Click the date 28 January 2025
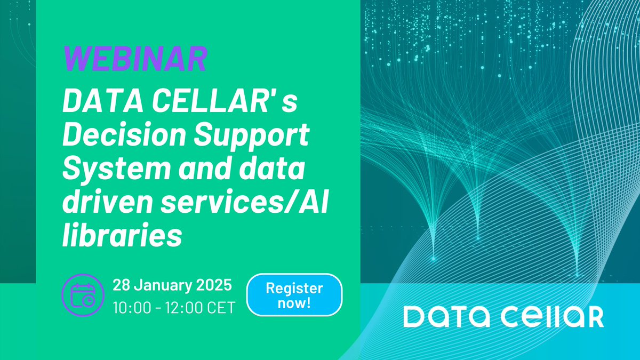(172, 285)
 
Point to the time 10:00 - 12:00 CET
(173, 308)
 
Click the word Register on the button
(294, 289)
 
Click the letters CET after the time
(222, 308)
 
